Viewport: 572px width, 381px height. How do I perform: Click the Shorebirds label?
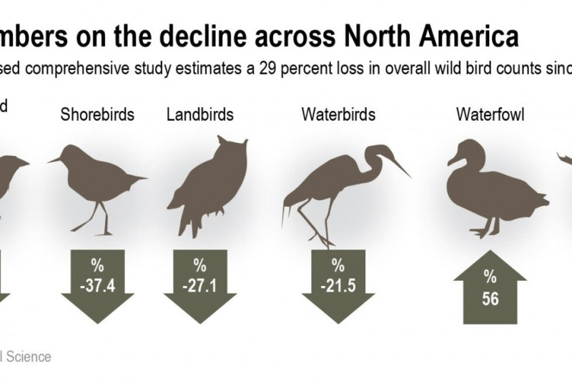pos(97,114)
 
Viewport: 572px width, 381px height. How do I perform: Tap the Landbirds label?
pos(199,114)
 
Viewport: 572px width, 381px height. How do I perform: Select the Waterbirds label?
pos(338,114)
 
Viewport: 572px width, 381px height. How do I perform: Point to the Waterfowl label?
pos(487,114)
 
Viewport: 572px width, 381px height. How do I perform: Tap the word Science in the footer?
pos(31,356)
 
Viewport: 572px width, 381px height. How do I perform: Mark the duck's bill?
pos(453,161)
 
